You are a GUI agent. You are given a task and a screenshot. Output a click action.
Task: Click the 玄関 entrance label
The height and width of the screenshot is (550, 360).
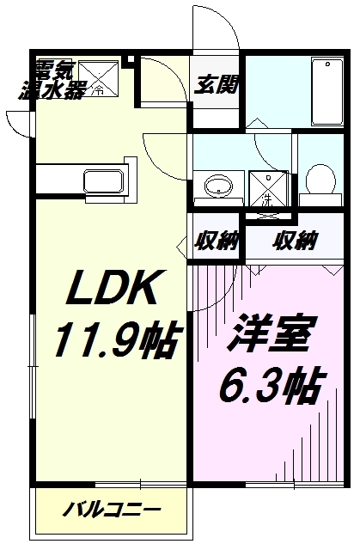(217, 84)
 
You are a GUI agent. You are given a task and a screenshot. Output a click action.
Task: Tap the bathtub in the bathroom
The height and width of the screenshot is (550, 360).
(327, 92)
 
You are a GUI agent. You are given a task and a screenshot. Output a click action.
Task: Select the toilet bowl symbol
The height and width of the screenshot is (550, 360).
(320, 180)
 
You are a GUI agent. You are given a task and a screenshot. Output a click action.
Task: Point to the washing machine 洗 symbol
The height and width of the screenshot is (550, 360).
(269, 189)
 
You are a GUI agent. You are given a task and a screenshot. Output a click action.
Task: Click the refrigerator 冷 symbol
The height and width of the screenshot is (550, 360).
(99, 78)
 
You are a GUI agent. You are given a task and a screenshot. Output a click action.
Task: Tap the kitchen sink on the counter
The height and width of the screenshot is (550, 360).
(103, 181)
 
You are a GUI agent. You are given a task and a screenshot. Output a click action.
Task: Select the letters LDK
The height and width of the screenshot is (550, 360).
(112, 288)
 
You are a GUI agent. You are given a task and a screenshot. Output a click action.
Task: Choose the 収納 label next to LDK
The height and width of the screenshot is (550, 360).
(217, 241)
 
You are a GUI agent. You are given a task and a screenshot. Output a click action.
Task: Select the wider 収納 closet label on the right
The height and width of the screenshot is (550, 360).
(296, 241)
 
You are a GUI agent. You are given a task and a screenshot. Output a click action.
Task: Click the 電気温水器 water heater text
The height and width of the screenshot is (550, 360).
(51, 81)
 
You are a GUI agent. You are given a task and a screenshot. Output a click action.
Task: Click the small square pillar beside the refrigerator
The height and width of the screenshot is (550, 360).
(131, 59)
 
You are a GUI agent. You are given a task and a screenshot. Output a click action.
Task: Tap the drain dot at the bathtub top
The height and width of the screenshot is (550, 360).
(327, 64)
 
